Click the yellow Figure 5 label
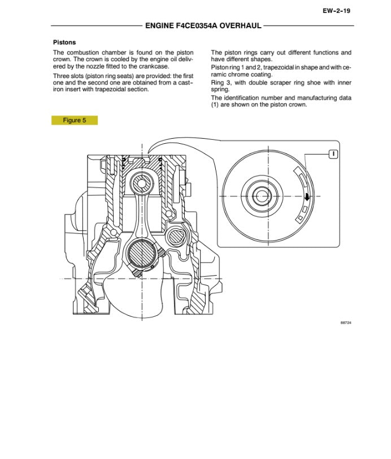(75, 120)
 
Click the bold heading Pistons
(64, 42)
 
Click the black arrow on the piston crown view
(307, 197)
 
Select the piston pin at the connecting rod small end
(139, 183)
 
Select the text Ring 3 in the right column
(220, 81)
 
